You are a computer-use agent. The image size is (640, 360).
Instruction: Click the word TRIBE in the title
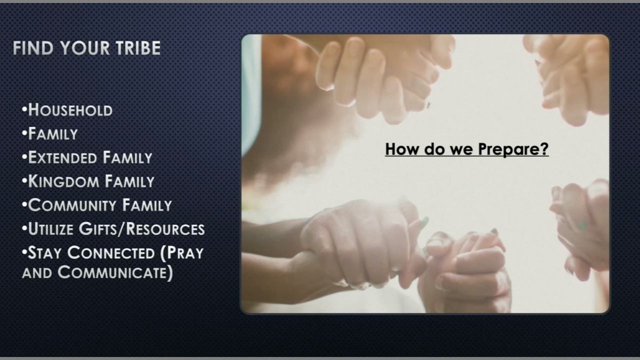pos(138,47)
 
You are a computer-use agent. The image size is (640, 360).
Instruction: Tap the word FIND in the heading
pos(33,47)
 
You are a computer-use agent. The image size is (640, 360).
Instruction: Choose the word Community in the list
pos(72,205)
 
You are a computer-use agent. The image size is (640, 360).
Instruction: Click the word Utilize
pos(51,229)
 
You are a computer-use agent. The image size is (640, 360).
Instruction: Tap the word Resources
pos(165,229)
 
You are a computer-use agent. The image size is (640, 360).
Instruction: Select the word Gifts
pos(99,229)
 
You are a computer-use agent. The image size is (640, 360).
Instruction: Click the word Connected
pos(111,253)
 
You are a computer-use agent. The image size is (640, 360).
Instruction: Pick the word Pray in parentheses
pos(185,253)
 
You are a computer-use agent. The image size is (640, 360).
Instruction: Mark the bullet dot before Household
pos(24,109)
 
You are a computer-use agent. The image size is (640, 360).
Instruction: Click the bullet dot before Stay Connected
pos(24,251)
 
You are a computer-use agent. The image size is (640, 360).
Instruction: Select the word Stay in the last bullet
pos(45,253)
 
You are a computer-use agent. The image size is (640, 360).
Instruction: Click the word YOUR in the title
pos(85,47)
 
